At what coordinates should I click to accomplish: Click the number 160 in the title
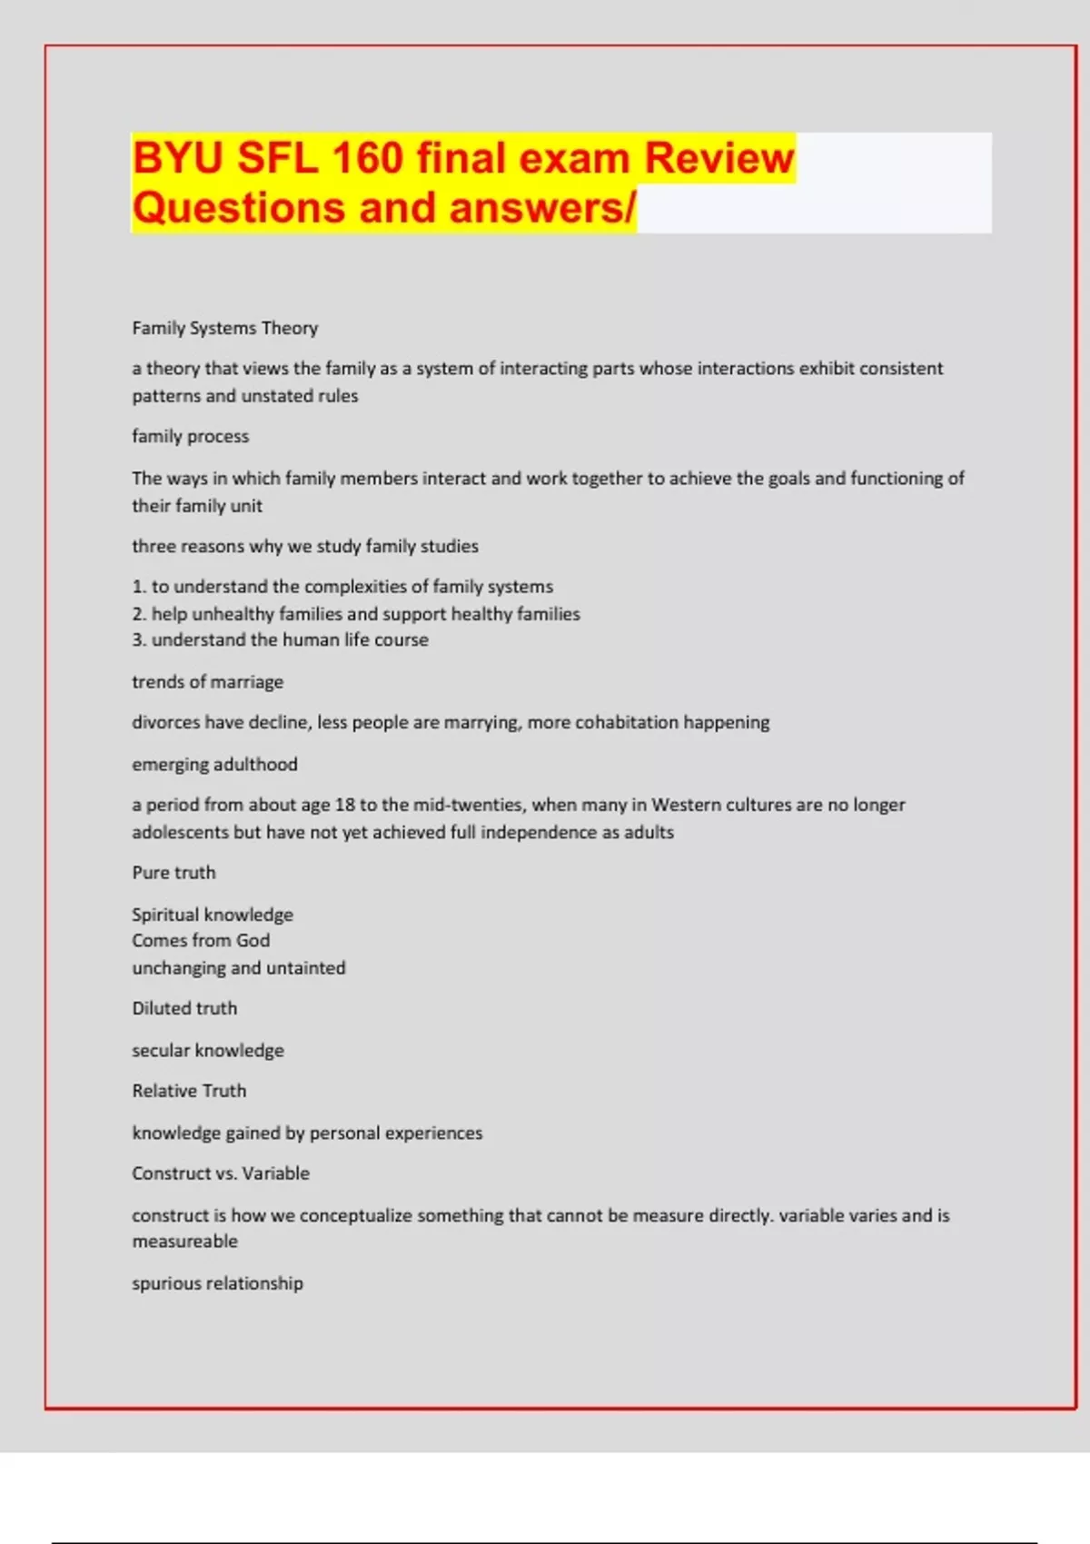coord(367,158)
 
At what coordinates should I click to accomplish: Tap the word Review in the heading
coord(718,158)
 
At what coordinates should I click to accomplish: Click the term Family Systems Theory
coord(224,328)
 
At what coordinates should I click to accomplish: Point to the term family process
coord(190,437)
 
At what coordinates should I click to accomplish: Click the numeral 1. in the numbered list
coord(139,587)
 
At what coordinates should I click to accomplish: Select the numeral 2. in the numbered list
coord(139,614)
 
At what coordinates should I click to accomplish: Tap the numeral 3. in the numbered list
coord(139,640)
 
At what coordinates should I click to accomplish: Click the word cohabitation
coord(627,723)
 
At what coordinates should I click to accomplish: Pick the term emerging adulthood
coord(214,765)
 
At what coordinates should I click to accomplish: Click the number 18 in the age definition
coord(345,806)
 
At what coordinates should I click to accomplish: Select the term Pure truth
coord(173,873)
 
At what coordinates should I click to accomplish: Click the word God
coord(253,941)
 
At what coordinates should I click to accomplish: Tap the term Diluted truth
coord(184,1009)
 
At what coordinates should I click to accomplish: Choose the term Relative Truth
coord(189,1091)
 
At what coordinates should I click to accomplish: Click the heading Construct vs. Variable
coord(221,1173)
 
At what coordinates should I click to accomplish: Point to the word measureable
coord(184,1242)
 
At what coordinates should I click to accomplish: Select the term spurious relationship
coord(217,1283)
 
